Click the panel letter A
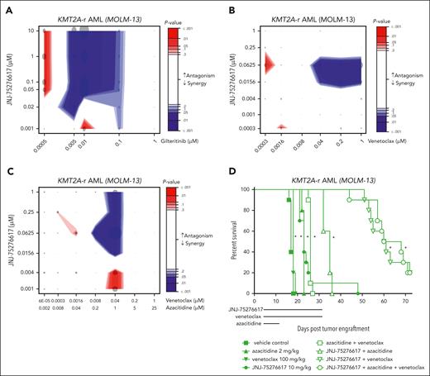(x=7, y=7)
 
